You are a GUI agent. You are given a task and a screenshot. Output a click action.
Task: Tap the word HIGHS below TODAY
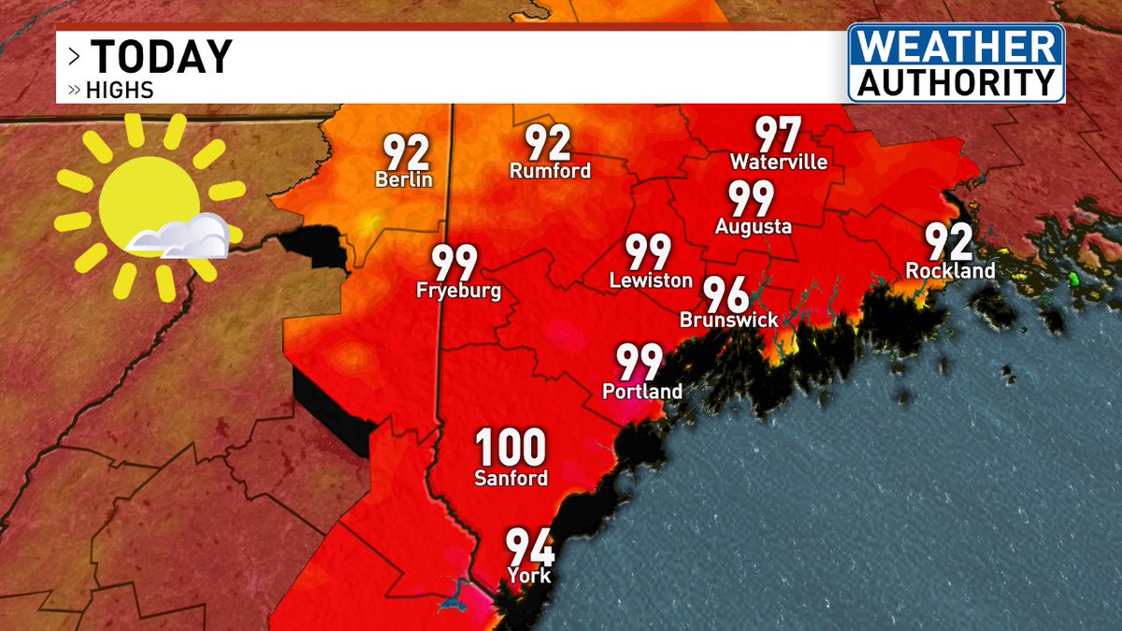tap(120, 91)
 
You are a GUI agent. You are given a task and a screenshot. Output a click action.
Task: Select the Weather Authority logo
tap(957, 63)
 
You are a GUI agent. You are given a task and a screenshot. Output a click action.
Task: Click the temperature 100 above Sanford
tap(510, 449)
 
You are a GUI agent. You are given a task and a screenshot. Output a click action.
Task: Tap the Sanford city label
tap(510, 479)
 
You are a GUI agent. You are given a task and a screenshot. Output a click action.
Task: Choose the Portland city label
tap(642, 392)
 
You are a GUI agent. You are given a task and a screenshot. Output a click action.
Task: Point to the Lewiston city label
tap(651, 280)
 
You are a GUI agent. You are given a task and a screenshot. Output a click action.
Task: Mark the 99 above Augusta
tap(752, 199)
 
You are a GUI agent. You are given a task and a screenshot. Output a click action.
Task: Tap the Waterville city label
tap(779, 162)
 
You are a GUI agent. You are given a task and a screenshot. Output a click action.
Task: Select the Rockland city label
tap(950, 271)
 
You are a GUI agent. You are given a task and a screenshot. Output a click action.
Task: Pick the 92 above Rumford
tap(548, 143)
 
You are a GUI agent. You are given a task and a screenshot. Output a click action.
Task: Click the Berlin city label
tap(404, 179)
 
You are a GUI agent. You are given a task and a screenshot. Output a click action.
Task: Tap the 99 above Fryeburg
tap(454, 264)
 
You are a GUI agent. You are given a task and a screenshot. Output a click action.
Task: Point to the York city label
tap(529, 575)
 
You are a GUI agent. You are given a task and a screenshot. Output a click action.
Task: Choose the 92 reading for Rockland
tap(949, 243)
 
